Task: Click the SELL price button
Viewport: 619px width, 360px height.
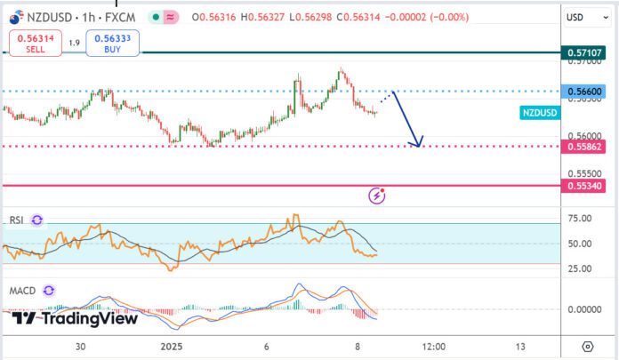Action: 34,43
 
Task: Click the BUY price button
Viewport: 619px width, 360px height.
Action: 112,43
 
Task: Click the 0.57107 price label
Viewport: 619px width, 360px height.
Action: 584,53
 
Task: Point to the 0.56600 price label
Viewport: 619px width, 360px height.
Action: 584,92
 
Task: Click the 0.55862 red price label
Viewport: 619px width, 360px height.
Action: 584,146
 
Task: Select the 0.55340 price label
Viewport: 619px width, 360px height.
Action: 584,185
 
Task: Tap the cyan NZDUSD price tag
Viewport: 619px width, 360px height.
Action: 539,113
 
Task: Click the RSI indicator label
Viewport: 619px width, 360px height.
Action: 16,220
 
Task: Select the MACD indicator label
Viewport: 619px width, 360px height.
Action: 21,291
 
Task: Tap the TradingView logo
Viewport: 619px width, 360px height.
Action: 75,318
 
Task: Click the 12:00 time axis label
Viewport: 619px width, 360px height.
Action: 433,346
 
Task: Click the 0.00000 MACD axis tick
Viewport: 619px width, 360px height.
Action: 584,308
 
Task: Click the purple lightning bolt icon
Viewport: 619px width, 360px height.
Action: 377,194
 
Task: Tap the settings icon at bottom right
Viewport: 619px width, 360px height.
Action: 587,346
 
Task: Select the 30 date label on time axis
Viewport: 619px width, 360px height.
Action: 81,346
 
